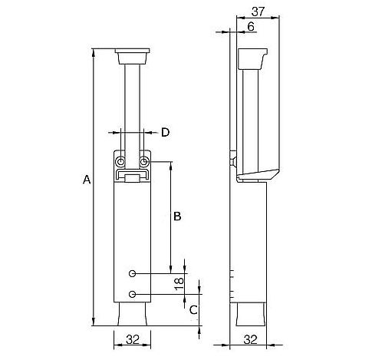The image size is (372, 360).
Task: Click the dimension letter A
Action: click(x=87, y=180)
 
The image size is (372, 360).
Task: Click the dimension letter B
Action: click(x=177, y=216)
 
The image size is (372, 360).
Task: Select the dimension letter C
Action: click(x=193, y=310)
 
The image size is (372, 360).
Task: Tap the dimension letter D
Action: click(x=166, y=133)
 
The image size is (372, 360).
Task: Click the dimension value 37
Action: click(x=258, y=12)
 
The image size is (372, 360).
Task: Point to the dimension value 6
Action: click(x=251, y=27)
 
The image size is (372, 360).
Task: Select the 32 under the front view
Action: click(x=133, y=339)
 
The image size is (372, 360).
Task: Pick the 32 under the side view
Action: click(x=250, y=339)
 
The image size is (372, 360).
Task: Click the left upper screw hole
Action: click(x=120, y=162)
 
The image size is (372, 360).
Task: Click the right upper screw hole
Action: click(x=144, y=162)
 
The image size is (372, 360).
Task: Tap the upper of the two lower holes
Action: click(x=132, y=274)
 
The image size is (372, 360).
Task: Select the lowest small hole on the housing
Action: click(x=132, y=294)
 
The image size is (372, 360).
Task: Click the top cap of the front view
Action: click(x=132, y=56)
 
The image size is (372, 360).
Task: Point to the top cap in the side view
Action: click(x=253, y=59)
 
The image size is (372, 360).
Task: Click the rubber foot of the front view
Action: click(x=132, y=314)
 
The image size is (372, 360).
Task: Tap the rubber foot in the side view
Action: click(x=250, y=315)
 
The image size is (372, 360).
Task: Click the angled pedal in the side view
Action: click(x=258, y=175)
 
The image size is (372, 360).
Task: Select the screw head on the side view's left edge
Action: click(x=233, y=159)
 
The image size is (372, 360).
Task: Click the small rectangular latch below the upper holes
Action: click(x=132, y=178)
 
